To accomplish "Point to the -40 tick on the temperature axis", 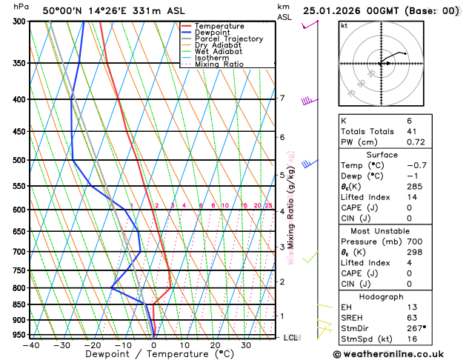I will coord(31,344).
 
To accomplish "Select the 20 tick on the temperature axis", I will coord(215,344).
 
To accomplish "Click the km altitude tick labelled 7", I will coord(282,99).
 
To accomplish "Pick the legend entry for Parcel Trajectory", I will coord(228,39).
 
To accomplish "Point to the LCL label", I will coord(291,338).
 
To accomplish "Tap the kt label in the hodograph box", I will coord(344,25).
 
